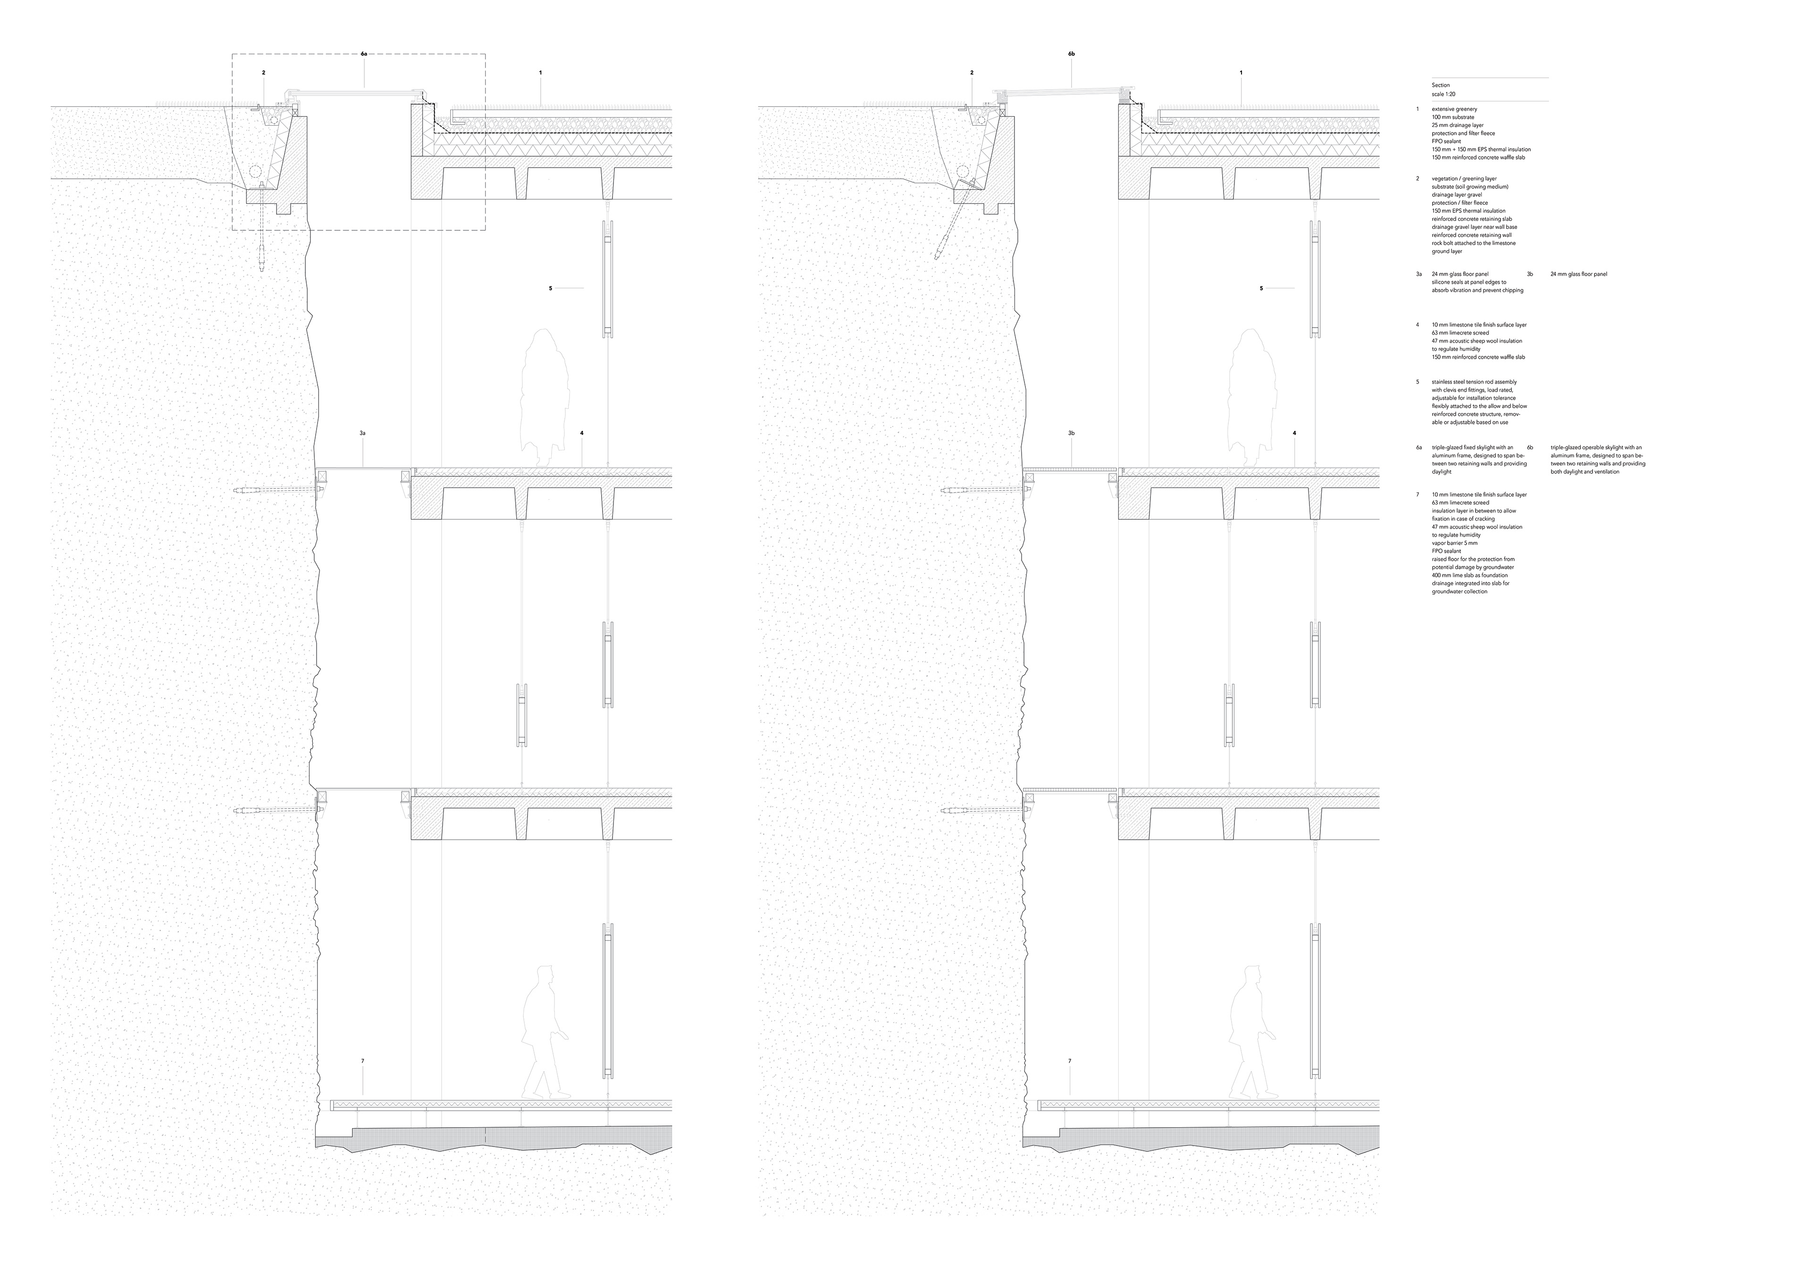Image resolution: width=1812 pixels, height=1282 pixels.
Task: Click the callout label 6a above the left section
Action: coord(363,54)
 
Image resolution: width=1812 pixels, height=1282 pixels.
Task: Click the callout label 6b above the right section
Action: coord(1071,54)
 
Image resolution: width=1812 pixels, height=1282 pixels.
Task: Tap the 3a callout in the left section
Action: coord(363,433)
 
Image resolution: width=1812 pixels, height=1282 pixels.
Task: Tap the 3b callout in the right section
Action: coord(1071,433)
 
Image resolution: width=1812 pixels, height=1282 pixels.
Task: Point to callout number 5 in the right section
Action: coord(1261,288)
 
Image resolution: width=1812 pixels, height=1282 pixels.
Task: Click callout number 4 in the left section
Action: coord(582,433)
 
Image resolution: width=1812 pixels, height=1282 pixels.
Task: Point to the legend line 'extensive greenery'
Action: coord(1454,109)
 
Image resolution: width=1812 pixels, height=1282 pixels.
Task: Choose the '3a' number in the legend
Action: coord(1419,274)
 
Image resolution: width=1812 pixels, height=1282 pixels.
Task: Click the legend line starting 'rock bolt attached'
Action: coord(1471,243)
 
